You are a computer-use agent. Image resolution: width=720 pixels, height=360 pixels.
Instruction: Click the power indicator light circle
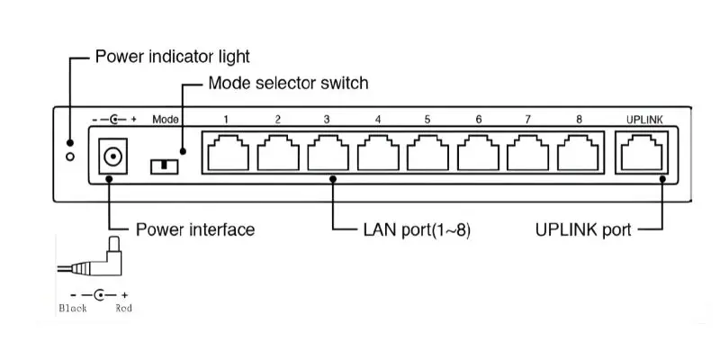coord(70,157)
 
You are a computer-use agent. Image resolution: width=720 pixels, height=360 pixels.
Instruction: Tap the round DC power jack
coord(112,157)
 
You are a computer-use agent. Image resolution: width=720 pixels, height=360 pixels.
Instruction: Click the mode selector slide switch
coord(164,166)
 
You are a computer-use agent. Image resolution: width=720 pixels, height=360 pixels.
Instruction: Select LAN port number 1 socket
coord(229,152)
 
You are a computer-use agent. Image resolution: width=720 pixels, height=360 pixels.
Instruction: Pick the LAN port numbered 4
coord(378,152)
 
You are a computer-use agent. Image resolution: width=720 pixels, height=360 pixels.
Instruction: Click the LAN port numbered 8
coord(578,152)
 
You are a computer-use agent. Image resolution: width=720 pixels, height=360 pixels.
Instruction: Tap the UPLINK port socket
coord(642,152)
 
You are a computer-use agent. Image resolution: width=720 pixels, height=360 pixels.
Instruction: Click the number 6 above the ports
coord(479,120)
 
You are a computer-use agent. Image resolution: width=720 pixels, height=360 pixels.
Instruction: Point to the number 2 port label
coord(278,120)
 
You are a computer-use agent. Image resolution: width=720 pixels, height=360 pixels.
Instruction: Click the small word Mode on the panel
coord(166,120)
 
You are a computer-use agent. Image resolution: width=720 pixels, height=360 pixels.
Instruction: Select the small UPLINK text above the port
coord(644,120)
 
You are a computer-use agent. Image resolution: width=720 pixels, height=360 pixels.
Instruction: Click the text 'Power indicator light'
coord(172,57)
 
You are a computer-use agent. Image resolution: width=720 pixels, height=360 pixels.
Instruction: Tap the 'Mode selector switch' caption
coord(288,83)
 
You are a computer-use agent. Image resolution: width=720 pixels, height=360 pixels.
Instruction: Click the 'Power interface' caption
coord(195,229)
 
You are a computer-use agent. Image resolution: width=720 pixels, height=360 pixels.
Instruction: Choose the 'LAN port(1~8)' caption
coord(417,230)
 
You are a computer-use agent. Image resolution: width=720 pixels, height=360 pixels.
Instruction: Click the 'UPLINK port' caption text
coord(583,229)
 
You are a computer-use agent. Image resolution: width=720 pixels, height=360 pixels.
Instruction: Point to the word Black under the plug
coord(73,308)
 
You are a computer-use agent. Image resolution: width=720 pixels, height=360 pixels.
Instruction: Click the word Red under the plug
coord(123,308)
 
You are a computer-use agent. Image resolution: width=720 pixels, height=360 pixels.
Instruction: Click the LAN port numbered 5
coord(428,152)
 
